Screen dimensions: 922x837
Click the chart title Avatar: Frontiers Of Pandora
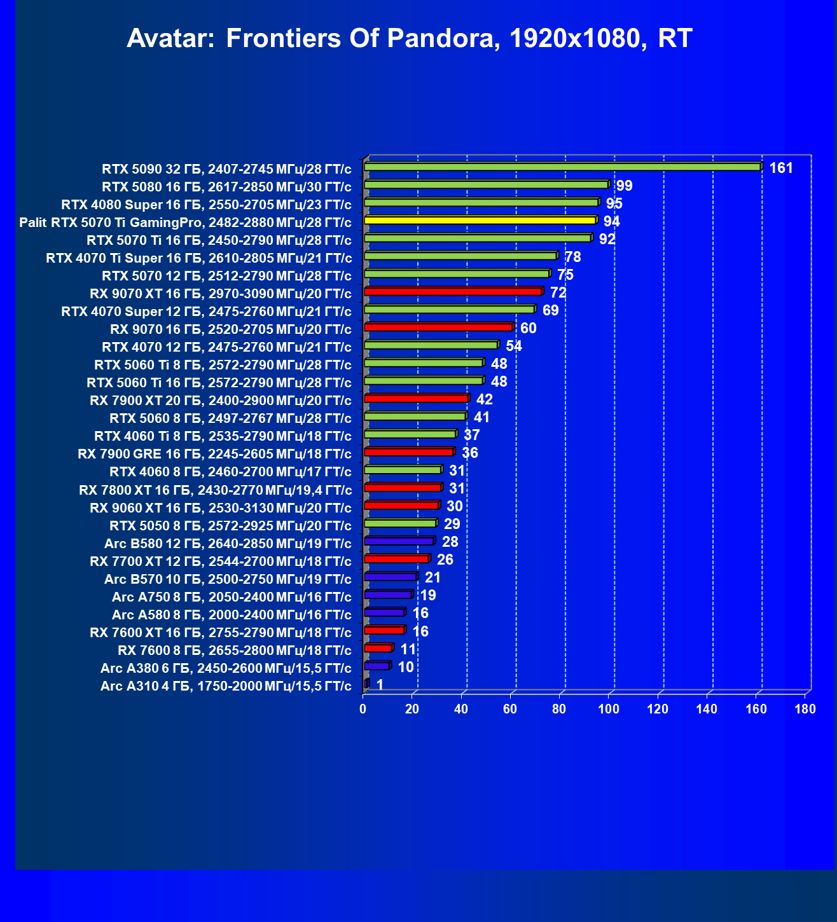(409, 39)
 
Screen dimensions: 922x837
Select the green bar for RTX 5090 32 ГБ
(562, 167)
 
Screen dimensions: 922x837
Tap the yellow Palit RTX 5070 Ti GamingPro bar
(480, 221)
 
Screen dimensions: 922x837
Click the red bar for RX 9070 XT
(453, 292)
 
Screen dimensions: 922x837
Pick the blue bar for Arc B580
(399, 541)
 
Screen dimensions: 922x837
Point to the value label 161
(781, 168)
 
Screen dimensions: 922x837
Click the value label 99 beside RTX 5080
(624, 186)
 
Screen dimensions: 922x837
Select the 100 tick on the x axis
(609, 709)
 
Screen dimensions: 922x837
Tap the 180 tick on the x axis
(805, 709)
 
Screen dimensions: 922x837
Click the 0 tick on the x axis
(363, 709)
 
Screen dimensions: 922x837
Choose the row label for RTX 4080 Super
(206, 205)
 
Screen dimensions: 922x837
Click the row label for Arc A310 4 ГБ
(226, 686)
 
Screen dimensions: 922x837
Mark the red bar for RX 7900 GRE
(409, 452)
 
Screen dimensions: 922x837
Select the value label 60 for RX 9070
(528, 328)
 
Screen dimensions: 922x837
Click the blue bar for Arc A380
(377, 666)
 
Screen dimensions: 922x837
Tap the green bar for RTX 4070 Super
(449, 310)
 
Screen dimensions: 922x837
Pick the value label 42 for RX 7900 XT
(484, 399)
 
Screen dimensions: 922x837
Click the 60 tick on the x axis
(510, 709)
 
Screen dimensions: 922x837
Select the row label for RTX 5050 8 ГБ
(230, 526)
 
